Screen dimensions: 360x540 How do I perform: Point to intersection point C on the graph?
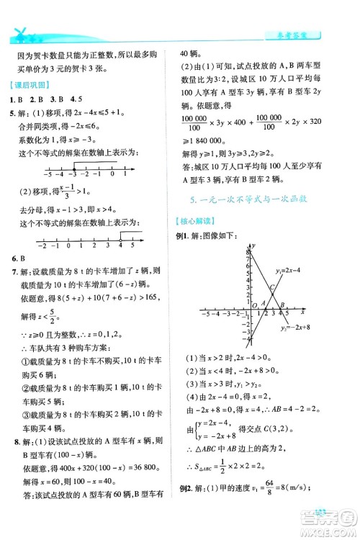264,287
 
